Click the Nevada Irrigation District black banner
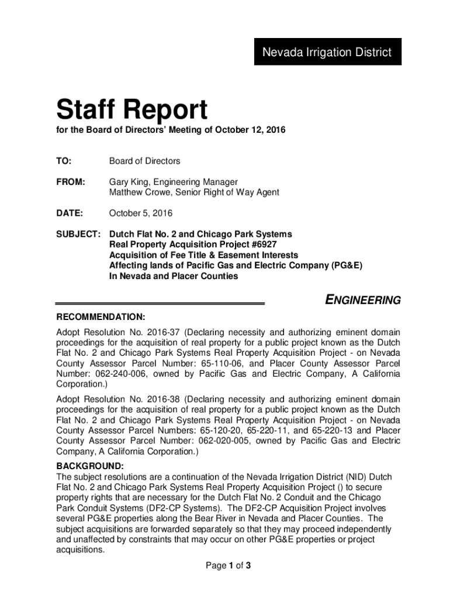click(x=327, y=52)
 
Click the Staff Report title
click(x=131, y=110)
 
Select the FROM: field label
click(x=71, y=182)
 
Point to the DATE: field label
click(x=70, y=213)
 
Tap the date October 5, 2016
click(x=141, y=213)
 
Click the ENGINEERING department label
click(x=362, y=301)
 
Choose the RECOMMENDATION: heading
click(x=101, y=317)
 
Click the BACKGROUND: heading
click(x=89, y=466)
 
